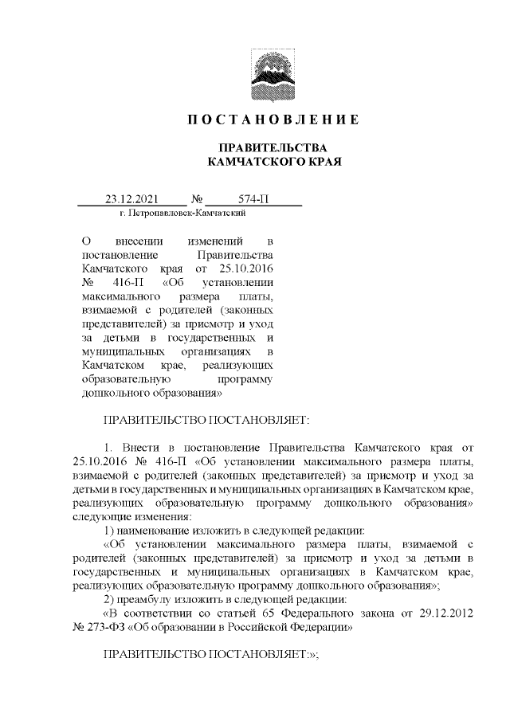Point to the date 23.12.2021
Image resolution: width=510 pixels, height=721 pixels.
[x=132, y=199]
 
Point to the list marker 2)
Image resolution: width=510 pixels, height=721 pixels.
[x=111, y=599]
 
